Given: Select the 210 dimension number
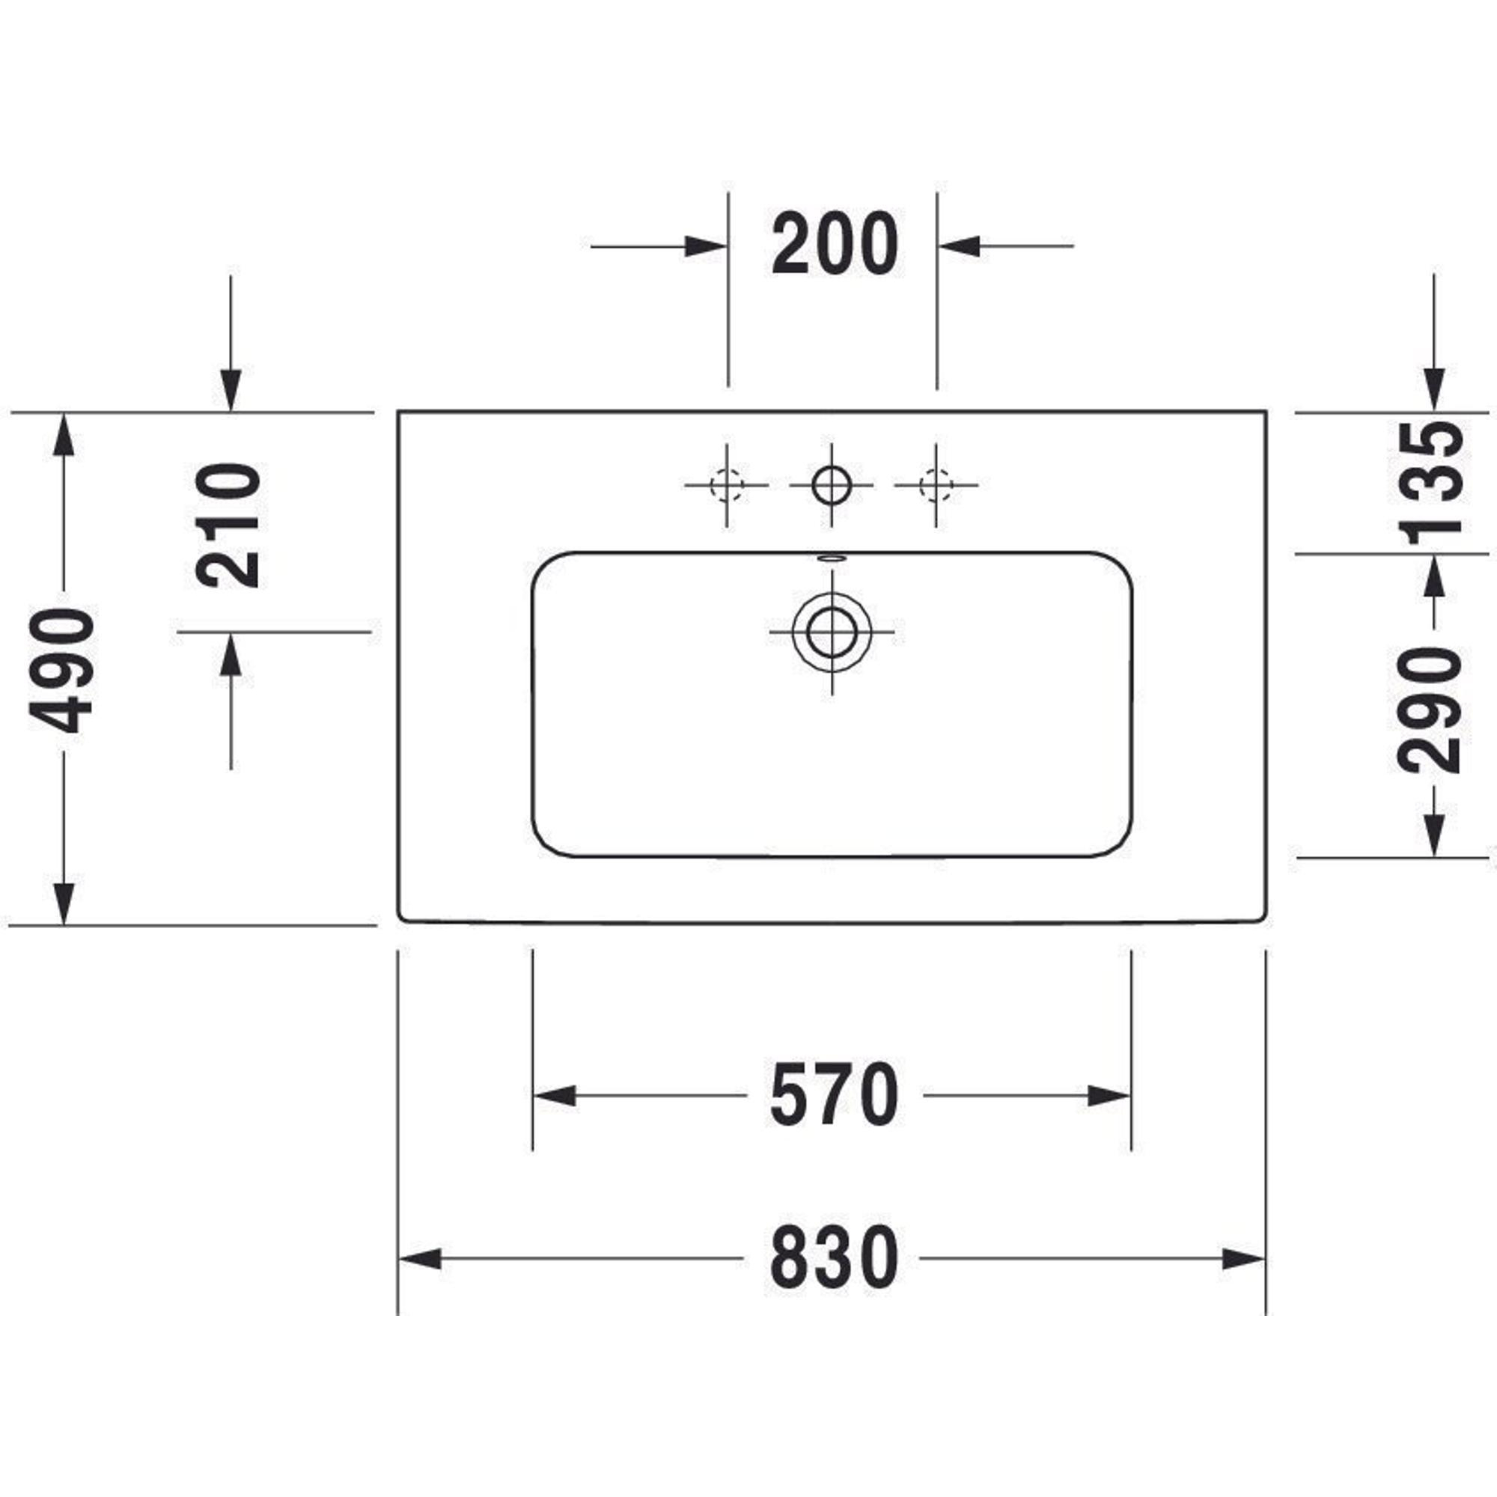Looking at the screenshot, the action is (228, 526).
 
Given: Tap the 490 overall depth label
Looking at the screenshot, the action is (61, 670).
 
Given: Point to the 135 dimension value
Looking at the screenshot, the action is (1430, 480).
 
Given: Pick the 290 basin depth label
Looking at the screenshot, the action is (1430, 710).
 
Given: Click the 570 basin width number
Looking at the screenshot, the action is (835, 1096).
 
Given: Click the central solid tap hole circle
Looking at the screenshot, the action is (832, 485).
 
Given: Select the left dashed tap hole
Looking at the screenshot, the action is (726, 485).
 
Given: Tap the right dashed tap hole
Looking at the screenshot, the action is (936, 485).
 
